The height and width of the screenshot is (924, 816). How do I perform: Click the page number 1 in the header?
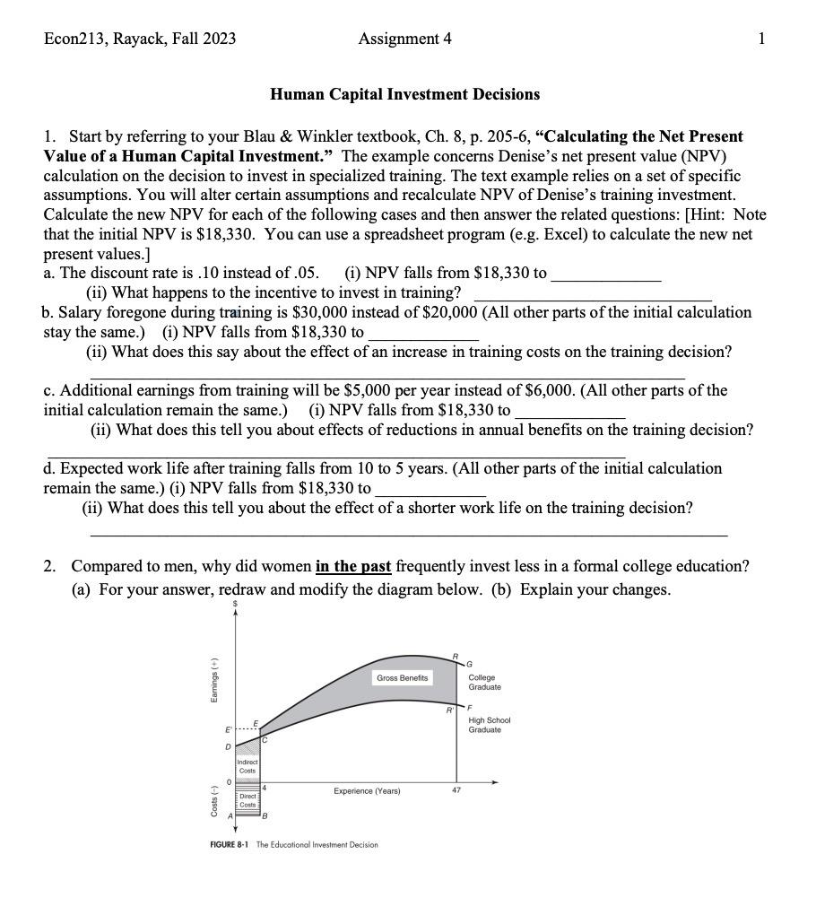pos(761,39)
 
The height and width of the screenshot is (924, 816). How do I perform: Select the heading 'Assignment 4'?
pos(404,39)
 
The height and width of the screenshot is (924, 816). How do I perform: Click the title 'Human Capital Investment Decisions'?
pos(404,94)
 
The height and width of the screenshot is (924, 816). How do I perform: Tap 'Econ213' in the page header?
pos(75,39)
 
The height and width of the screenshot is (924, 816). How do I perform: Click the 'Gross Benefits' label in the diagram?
pos(403,678)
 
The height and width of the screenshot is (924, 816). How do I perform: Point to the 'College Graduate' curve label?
pos(484,683)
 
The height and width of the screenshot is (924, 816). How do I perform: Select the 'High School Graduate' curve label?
pos(489,725)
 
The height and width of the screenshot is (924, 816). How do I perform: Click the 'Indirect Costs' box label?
pos(247,767)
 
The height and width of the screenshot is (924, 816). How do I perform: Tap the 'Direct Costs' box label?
pos(247,801)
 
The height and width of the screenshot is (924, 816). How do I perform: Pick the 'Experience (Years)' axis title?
pos(367,791)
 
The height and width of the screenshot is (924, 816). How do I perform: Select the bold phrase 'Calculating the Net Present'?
pos(643,136)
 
